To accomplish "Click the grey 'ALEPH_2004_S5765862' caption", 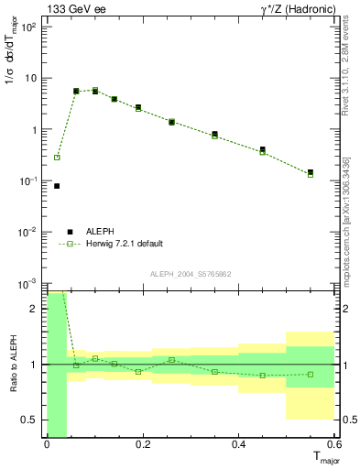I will (x=191, y=274).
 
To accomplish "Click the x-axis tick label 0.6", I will (x=335, y=445).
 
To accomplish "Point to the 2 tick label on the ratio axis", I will (x=36, y=309).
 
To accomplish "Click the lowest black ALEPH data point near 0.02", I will (x=57, y=186).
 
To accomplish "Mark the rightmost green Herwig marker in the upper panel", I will (x=311, y=174).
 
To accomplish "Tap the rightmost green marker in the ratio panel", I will (x=311, y=374).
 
